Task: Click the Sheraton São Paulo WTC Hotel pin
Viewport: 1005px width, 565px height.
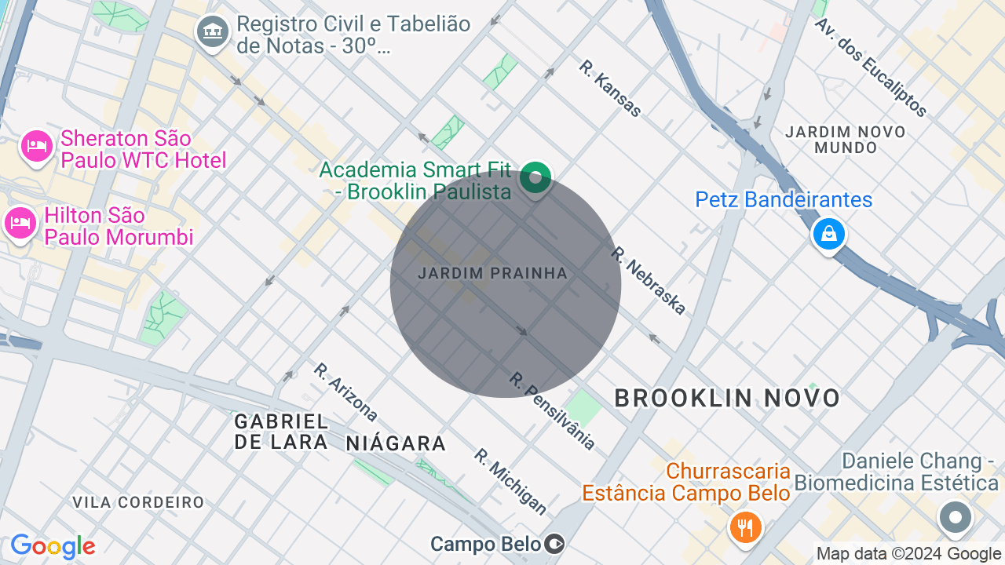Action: pyautogui.click(x=37, y=147)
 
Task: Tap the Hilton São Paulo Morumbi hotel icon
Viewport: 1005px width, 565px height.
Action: pyautogui.click(x=20, y=224)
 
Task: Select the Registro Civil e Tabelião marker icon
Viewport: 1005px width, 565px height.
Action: pyautogui.click(x=212, y=33)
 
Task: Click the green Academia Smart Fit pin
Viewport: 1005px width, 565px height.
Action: pyautogui.click(x=535, y=178)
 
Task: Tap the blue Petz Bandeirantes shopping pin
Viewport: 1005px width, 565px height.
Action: pyautogui.click(x=828, y=234)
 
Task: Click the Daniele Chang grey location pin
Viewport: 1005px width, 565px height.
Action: pyautogui.click(x=956, y=518)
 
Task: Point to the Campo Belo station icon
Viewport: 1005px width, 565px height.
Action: pyautogui.click(x=555, y=544)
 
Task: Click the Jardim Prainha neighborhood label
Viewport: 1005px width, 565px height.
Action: pyautogui.click(x=492, y=274)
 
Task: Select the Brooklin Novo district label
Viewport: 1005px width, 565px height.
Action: pyautogui.click(x=727, y=398)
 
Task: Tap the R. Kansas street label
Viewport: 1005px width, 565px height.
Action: pyautogui.click(x=610, y=88)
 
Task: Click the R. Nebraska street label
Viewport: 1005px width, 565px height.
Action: pyautogui.click(x=649, y=281)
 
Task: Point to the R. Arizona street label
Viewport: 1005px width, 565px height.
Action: pyautogui.click(x=345, y=392)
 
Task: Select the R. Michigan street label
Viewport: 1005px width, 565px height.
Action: pyautogui.click(x=510, y=481)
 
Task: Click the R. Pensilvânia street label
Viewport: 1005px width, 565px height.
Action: pyautogui.click(x=552, y=410)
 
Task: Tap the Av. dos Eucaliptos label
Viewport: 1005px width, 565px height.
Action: pyautogui.click(x=871, y=67)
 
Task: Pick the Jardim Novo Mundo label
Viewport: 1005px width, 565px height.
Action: pyautogui.click(x=846, y=140)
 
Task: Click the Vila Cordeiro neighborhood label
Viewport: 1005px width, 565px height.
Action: pyautogui.click(x=138, y=502)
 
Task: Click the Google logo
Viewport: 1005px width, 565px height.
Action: pyautogui.click(x=53, y=546)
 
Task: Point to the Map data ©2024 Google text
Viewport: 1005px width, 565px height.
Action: pyautogui.click(x=908, y=554)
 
